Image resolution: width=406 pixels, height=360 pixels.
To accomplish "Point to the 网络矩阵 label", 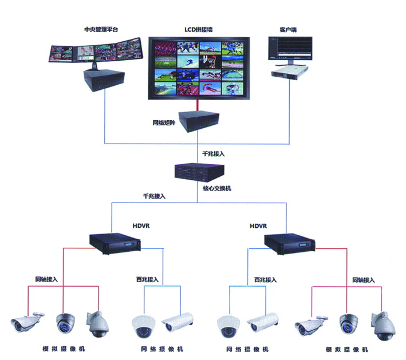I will click(163, 122).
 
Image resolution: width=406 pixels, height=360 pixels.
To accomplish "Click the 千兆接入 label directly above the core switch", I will click(215, 155).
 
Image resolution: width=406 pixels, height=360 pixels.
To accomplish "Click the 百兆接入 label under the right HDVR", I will click(265, 280).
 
